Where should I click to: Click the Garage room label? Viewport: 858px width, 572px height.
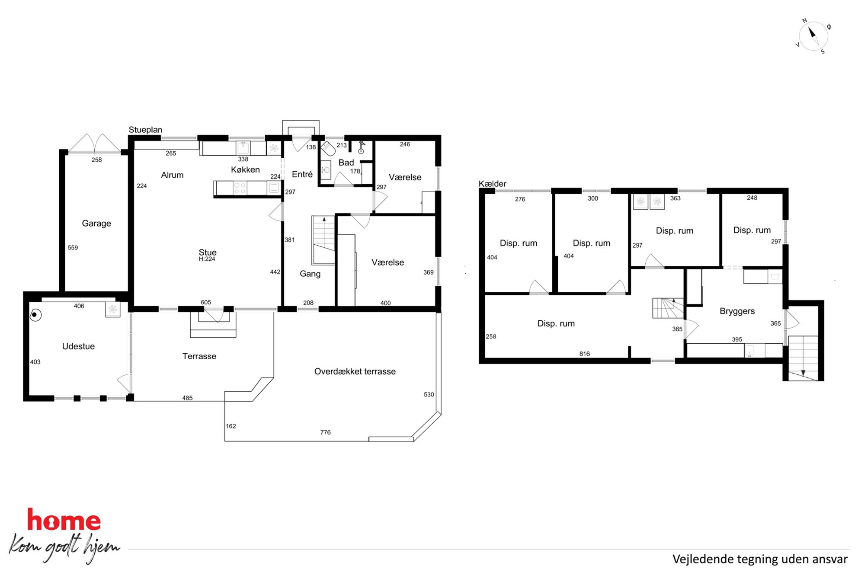click(96, 224)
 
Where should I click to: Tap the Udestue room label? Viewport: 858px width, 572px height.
click(78, 346)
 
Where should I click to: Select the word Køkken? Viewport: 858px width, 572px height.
click(245, 170)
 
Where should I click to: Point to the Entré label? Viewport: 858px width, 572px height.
click(302, 174)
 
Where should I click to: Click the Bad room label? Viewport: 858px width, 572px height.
click(346, 163)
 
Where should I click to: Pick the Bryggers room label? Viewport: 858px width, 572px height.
click(737, 311)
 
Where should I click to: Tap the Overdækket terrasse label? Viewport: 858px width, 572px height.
click(355, 371)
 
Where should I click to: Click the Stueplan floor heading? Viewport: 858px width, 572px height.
click(145, 130)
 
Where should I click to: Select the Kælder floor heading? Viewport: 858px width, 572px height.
click(492, 184)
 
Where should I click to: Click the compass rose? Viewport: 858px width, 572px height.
click(813, 36)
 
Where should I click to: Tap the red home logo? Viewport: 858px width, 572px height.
click(64, 520)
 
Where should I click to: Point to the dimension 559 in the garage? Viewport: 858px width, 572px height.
click(73, 248)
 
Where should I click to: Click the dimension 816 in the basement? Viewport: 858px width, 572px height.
click(584, 354)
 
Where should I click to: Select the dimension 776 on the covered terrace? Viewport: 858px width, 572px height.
click(325, 432)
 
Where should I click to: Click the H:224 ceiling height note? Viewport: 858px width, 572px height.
click(207, 259)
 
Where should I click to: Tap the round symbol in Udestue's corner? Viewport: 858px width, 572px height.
click(36, 316)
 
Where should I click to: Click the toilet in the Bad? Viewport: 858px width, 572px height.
click(328, 148)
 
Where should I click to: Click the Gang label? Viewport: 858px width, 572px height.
click(310, 274)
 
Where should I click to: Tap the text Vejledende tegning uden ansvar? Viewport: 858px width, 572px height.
click(760, 559)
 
